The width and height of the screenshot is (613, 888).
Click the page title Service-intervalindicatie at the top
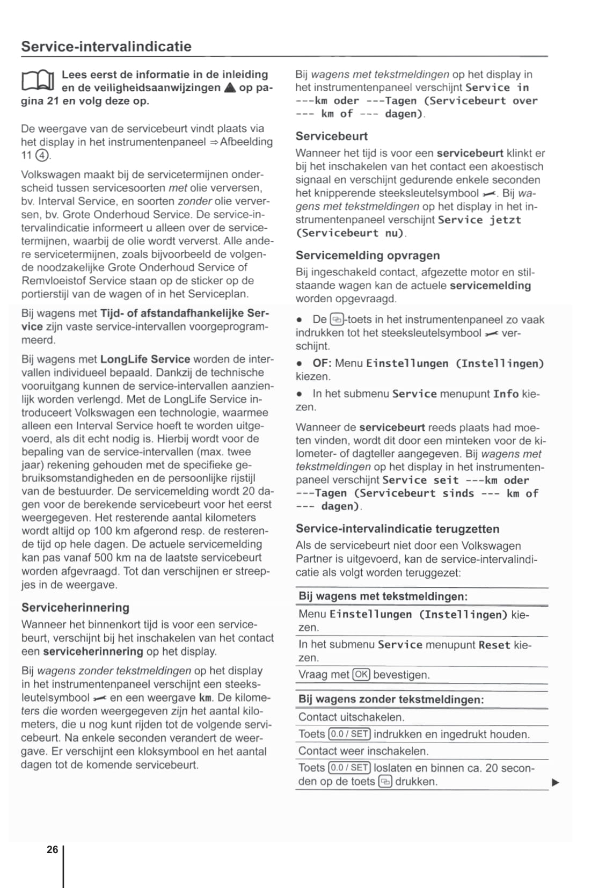coord(106,47)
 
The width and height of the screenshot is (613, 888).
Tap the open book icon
coord(38,81)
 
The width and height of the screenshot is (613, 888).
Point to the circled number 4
coord(42,156)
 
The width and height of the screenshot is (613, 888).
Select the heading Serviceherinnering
coord(75,608)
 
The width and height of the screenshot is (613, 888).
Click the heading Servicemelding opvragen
coord(368,256)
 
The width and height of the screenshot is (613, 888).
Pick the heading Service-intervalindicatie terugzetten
coord(397,529)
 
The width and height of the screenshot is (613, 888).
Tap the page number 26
coord(52,849)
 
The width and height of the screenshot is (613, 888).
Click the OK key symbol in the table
coord(361,674)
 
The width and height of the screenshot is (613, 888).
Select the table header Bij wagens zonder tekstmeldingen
coord(391,700)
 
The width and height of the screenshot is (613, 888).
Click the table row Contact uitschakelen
coord(351,717)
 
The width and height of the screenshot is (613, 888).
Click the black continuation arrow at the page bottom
coord(556,782)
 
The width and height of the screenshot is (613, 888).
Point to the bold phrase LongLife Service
coord(145,359)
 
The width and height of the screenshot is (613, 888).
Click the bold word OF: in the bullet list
coord(322,363)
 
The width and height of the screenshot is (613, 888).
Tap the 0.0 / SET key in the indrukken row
coord(349,734)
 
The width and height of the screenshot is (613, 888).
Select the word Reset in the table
coord(494,645)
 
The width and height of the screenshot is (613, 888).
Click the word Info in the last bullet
coord(506,394)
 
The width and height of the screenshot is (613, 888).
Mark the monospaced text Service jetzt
coord(479,220)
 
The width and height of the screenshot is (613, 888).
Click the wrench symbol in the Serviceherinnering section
coord(100,698)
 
